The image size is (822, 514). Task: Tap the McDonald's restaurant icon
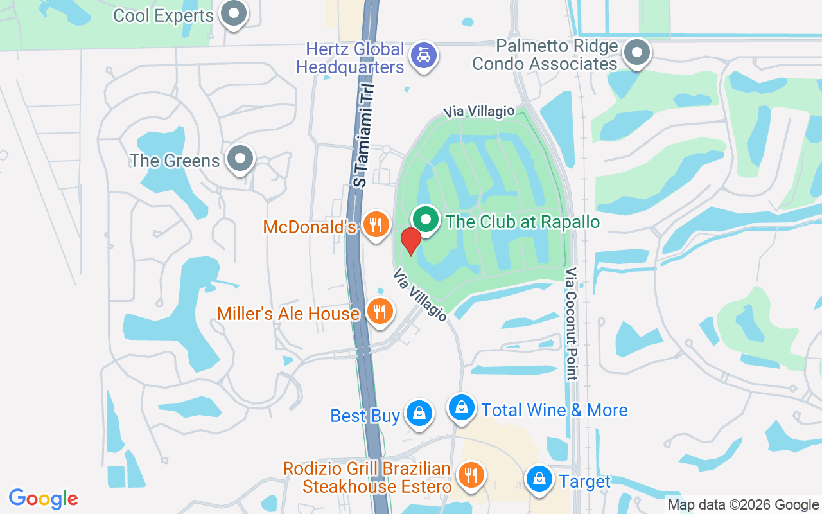click(x=376, y=224)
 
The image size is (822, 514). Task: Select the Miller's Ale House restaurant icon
click(x=380, y=312)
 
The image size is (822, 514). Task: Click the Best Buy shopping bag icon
click(x=419, y=413)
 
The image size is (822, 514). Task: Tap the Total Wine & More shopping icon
click(x=461, y=407)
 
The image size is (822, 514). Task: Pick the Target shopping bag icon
click(x=540, y=479)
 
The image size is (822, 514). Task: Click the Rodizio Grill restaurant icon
click(x=471, y=476)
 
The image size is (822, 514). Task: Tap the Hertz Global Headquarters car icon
click(x=423, y=56)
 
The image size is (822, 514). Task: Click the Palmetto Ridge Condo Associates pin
click(x=637, y=53)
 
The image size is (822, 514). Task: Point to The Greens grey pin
click(x=241, y=158)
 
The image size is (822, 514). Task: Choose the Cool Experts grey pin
click(x=233, y=13)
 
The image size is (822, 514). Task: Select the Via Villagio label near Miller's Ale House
click(x=420, y=295)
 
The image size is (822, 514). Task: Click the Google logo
click(x=44, y=499)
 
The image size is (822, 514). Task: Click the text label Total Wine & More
click(x=554, y=410)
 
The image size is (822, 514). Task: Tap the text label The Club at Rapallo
click(x=522, y=222)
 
